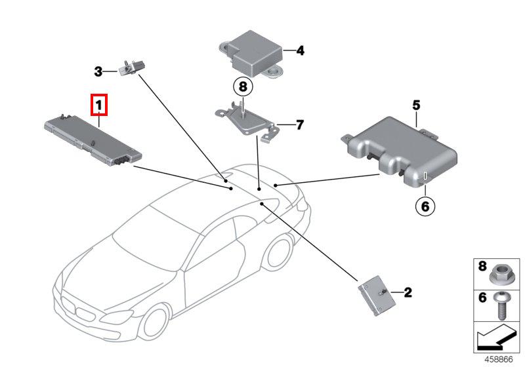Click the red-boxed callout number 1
coord(98,104)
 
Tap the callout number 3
coord(98,71)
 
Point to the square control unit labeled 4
coord(253,52)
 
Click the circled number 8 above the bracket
coord(241,86)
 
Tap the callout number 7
coord(299,125)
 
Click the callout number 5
coord(416,105)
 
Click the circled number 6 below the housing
coord(425,206)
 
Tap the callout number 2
coord(408,293)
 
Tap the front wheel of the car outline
coord(156,322)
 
